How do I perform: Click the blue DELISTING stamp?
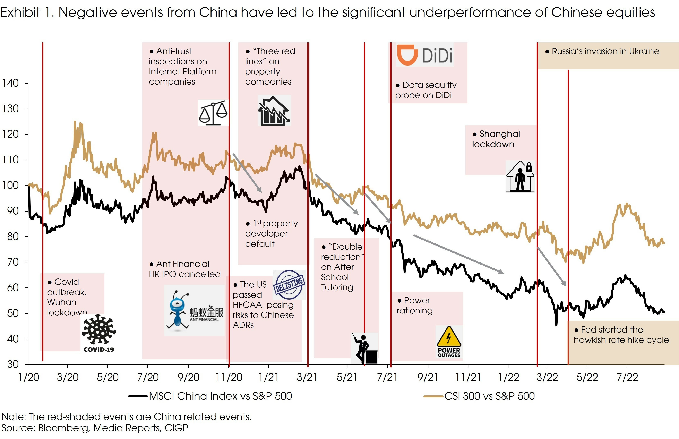click(x=289, y=284)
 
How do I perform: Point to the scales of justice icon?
click(x=213, y=113)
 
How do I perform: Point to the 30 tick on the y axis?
click(x=13, y=364)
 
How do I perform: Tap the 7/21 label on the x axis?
click(x=387, y=377)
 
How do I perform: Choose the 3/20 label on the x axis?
click(x=68, y=377)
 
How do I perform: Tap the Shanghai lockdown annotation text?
click(x=496, y=139)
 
